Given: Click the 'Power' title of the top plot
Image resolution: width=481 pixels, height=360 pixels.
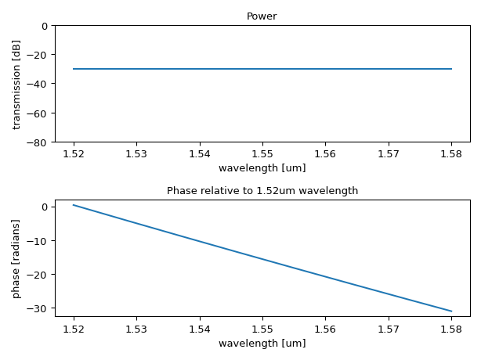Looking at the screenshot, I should (x=262, y=16).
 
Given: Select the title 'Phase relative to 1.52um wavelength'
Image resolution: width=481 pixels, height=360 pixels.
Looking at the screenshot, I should (x=262, y=191).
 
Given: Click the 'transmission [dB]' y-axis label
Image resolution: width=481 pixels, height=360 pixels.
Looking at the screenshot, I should (x=16, y=84).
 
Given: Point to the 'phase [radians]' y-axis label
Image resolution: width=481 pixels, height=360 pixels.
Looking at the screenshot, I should (x=16, y=258).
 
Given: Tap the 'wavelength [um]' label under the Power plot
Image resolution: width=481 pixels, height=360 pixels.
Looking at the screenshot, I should (x=262, y=168).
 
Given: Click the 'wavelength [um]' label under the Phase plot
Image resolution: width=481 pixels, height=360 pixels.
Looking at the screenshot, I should (x=262, y=343).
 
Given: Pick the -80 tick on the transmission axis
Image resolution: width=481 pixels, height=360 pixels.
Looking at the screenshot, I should (x=39, y=142).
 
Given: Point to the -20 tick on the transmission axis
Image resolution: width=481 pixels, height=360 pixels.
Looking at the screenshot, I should (x=39, y=55).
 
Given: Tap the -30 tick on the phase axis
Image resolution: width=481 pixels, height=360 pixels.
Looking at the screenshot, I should (x=39, y=308).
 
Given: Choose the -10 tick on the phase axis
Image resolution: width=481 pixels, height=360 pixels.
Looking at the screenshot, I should (x=39, y=241).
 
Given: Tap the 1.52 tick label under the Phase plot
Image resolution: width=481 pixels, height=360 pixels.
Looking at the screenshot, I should (x=74, y=329).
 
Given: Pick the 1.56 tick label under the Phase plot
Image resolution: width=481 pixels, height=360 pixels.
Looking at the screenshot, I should (x=325, y=329).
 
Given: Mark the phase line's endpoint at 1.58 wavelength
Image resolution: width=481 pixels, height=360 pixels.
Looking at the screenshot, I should (x=451, y=311).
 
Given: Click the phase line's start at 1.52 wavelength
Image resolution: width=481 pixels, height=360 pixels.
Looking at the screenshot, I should (x=74, y=205).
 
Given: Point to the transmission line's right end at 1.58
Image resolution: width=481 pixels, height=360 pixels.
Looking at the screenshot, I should (x=451, y=69).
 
